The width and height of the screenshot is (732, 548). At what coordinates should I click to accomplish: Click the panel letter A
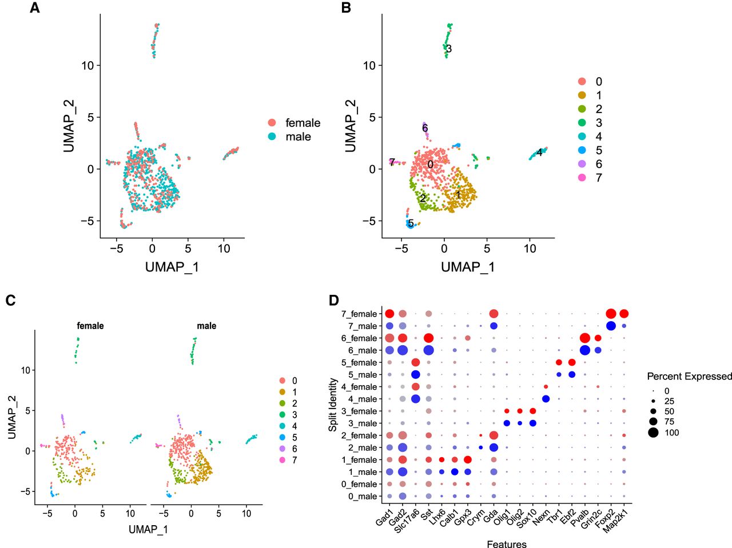pos(35,9)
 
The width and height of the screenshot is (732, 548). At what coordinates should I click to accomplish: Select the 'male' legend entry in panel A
pos(298,137)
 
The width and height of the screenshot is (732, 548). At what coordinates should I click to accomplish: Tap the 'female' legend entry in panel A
pos(303,123)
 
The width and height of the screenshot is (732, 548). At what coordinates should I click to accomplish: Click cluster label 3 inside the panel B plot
pos(449,49)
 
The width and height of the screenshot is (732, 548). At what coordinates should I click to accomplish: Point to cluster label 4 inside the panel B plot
pos(539,153)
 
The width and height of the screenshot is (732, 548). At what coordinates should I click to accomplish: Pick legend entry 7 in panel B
pos(598,178)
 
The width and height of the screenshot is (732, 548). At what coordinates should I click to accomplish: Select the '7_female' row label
pos(359,314)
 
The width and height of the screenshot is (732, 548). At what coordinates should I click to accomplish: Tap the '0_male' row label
pos(363,496)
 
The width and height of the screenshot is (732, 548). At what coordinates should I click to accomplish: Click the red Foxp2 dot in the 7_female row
pos(611,314)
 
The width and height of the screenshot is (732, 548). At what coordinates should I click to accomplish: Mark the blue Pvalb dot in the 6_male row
pos(584,350)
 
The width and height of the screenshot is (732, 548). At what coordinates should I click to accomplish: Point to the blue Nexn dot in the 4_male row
pos(546,399)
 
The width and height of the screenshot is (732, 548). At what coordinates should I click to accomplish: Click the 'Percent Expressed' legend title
pos(689,376)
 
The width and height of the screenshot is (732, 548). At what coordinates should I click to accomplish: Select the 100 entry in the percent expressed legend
pos(671,433)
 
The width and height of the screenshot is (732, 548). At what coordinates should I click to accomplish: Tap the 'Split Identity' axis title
pos(333,399)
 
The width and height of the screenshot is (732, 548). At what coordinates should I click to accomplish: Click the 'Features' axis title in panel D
pos(506,544)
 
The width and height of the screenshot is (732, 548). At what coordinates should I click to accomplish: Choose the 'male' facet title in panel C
pos(206,326)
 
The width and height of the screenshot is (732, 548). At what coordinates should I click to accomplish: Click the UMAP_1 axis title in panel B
pos(467,266)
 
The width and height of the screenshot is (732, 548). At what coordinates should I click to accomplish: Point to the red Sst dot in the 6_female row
pos(428,338)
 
